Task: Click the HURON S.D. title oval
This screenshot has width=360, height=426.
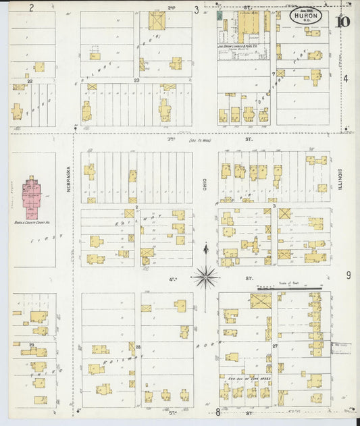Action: coord(306,14)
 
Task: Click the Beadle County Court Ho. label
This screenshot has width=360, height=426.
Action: coord(32,221)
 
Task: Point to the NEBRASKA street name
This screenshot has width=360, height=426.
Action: coord(69,181)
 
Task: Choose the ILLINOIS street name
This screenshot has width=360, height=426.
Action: coord(341,179)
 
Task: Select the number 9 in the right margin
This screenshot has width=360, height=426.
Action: coord(349,275)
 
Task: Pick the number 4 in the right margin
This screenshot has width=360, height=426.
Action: coord(346,79)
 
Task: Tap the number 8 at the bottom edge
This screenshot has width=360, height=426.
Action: coord(218,412)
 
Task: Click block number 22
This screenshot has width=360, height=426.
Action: coord(30,81)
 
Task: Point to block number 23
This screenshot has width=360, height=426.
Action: coord(136,81)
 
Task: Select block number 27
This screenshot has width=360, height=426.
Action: coord(275,346)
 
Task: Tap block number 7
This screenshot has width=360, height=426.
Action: coord(273,74)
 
